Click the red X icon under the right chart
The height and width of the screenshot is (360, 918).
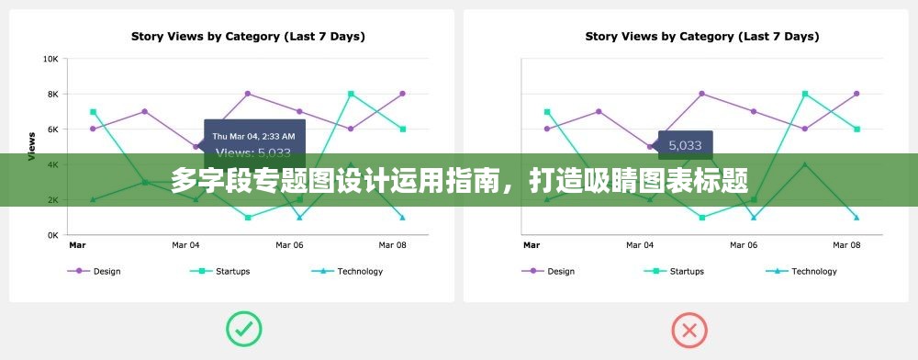tap(689, 330)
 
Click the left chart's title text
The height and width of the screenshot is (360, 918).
tap(248, 37)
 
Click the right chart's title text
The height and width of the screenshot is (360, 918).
tap(702, 37)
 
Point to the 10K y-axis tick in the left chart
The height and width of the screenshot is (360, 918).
tap(50, 59)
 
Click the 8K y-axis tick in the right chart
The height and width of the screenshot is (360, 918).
tap(505, 94)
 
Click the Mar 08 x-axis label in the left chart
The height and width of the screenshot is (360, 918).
tap(392, 245)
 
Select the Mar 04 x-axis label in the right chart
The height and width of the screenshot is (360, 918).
tap(641, 245)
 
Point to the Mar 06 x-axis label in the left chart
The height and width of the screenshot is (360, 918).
tap(289, 245)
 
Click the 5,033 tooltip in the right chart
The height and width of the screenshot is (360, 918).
tap(685, 145)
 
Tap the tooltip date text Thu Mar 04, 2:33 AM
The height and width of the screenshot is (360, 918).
tap(253, 136)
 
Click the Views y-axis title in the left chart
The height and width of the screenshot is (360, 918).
tap(32, 147)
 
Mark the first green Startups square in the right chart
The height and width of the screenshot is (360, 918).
tap(547, 112)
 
